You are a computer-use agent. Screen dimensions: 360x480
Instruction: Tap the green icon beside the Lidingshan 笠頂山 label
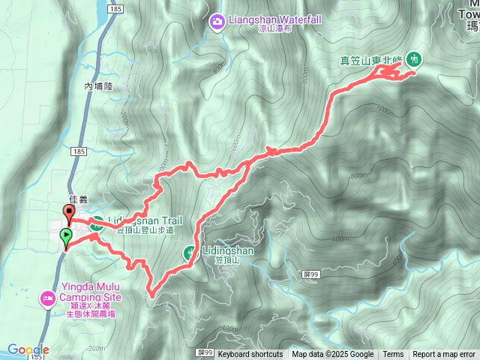pyautogui.click(x=189, y=253)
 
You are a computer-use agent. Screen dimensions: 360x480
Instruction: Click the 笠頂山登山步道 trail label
pyautogui.click(x=145, y=231)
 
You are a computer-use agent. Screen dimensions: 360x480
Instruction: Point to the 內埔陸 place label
pyautogui.click(x=97, y=87)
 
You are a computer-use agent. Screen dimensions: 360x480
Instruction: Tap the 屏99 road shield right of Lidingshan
pyautogui.click(x=314, y=275)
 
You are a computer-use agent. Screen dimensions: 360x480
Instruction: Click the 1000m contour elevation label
pyautogui.click(x=385, y=111)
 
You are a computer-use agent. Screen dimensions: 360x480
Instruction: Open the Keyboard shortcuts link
pyautogui.click(x=250, y=355)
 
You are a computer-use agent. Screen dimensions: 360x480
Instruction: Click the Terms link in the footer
pyautogui.click(x=393, y=355)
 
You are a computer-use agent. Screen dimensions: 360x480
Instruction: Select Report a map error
pyautogui.click(x=443, y=355)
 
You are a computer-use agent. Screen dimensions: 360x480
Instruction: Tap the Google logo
pyautogui.click(x=28, y=349)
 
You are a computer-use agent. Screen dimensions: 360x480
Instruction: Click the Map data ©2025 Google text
pyautogui.click(x=333, y=355)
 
